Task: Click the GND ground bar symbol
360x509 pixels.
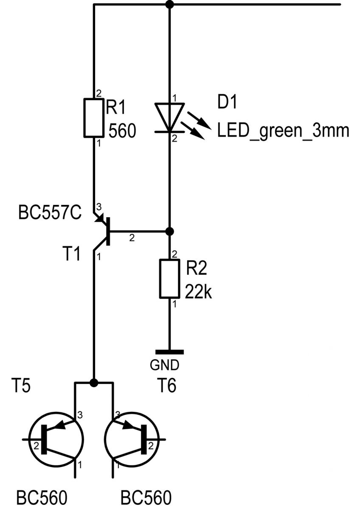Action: pos(169,352)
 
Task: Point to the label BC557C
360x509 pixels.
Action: pos(50,213)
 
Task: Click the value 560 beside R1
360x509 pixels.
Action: pos(122,131)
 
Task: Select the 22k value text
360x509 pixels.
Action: pos(199,291)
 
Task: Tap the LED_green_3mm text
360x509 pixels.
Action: pos(283,131)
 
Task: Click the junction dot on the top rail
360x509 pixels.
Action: pos(169,4)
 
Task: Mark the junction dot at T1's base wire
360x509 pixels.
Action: pos(169,232)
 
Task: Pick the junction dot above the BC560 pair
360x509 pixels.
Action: pos(94,383)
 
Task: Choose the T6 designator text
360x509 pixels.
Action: pos(167,385)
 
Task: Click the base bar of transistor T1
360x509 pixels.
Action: pos(108,232)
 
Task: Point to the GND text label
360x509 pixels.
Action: pos(165,365)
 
